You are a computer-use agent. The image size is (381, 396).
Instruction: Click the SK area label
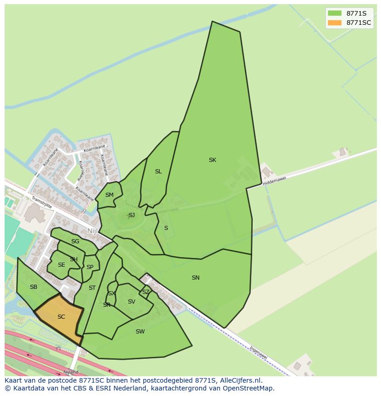click(212, 160)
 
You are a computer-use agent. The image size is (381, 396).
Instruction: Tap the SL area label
click(158, 172)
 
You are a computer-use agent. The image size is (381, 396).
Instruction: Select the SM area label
click(109, 195)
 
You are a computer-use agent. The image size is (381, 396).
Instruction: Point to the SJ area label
click(132, 215)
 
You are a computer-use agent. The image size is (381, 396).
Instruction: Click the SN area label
click(196, 278)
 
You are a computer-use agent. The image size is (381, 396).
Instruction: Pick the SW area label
click(140, 332)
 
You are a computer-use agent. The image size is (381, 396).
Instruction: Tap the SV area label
click(132, 302)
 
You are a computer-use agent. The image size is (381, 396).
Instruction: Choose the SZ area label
click(145, 292)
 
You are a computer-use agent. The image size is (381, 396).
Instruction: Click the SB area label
click(34, 287)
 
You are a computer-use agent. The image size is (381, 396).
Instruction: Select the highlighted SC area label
click(61, 317)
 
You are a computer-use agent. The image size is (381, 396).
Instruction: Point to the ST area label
click(92, 288)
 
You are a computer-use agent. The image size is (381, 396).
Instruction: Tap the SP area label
click(90, 267)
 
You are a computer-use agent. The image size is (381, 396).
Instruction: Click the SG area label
click(75, 241)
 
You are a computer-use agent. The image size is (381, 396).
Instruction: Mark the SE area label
click(61, 265)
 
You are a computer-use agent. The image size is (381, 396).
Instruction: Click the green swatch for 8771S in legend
click(335, 13)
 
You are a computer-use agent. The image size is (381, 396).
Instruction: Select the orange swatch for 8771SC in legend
click(335, 23)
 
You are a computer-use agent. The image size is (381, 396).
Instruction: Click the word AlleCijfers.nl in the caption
click(241, 381)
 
